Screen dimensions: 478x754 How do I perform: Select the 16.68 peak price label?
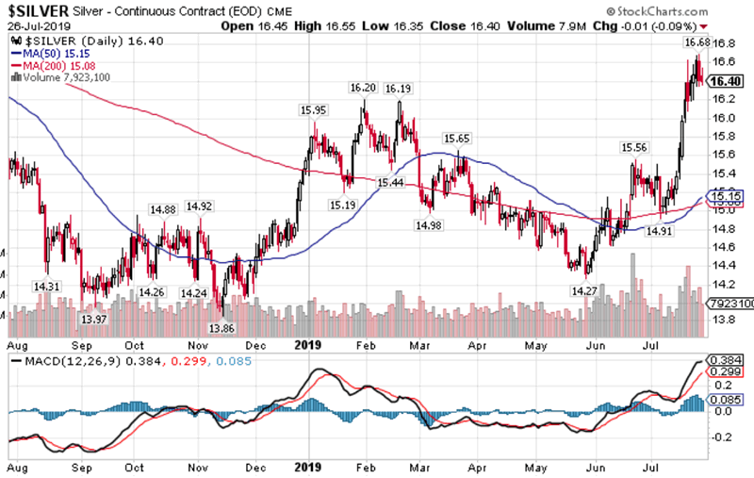click(x=696, y=42)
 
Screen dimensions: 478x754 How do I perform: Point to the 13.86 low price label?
click(x=222, y=328)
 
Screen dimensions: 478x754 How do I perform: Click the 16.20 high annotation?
click(x=362, y=88)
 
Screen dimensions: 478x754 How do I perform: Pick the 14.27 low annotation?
click(x=584, y=291)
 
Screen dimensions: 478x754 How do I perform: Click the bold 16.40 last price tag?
click(x=726, y=82)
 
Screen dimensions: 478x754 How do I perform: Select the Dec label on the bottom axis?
click(x=254, y=466)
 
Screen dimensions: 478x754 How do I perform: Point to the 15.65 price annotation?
click(x=457, y=139)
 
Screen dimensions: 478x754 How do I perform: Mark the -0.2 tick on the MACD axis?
click(x=723, y=437)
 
